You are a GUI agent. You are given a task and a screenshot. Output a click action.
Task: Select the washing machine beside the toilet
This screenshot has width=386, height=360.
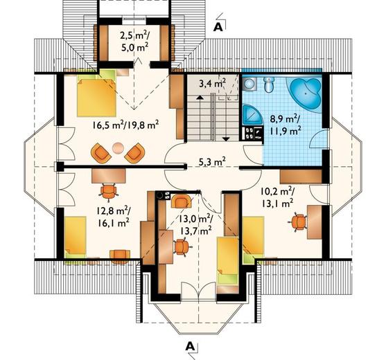click(249, 84)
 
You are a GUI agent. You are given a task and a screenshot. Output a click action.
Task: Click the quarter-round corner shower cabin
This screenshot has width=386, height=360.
click(252, 116)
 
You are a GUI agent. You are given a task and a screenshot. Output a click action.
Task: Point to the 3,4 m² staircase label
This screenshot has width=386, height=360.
click(213, 83)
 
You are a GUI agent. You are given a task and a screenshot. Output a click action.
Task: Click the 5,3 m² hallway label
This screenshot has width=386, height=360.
click(213, 162)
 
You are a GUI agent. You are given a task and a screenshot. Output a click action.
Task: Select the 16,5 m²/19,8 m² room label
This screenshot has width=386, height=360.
click(125, 125)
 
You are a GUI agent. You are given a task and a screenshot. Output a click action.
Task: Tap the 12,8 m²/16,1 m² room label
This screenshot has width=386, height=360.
click(113, 217)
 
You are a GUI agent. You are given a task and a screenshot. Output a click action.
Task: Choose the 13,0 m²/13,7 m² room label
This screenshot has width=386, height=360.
click(195, 224)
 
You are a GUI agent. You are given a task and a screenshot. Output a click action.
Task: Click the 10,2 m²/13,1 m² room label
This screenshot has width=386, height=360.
click(277, 197)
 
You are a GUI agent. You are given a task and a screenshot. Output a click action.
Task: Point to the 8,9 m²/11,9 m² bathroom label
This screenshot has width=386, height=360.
click(286, 125)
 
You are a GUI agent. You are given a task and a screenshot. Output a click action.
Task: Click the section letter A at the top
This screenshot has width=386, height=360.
click(218, 28)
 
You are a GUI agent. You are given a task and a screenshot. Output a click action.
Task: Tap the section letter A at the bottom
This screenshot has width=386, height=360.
click(190, 346)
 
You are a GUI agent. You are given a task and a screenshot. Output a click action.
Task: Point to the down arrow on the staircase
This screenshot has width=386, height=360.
click(226, 117)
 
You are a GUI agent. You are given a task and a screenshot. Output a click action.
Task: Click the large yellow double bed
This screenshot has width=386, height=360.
click(96, 98)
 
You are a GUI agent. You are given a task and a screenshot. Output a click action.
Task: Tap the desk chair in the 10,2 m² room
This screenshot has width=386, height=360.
click(297, 222)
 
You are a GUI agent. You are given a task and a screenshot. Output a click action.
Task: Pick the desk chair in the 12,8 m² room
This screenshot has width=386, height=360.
click(108, 190)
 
